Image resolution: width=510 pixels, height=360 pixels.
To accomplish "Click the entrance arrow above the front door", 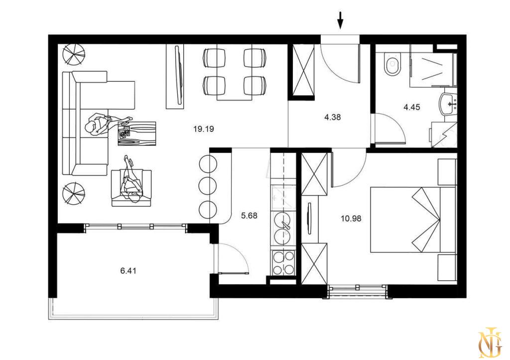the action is coord(340,20).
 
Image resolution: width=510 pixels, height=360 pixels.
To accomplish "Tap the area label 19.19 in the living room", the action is coord(204,129).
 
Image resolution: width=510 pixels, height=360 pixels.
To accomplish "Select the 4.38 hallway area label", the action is coord(332,117).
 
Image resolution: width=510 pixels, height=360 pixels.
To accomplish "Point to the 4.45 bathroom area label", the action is coord(412,107).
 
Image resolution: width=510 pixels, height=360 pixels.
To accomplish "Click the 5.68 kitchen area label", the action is coord(249,215).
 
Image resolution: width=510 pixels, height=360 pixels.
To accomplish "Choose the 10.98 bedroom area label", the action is coord(351,219).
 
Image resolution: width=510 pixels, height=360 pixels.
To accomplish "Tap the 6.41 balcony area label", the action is coord(128,270).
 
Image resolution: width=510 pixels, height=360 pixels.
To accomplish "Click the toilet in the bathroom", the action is coord(392,64).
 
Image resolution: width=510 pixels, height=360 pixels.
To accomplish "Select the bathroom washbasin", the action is coord(449,104).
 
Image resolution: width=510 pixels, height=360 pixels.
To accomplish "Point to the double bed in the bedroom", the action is coord(413,220).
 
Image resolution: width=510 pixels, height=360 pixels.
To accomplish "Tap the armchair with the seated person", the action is coord(131,188).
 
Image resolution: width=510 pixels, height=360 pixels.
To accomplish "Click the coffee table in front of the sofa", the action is coord(136,133).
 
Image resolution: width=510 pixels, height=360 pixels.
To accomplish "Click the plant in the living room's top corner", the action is coord(74,53).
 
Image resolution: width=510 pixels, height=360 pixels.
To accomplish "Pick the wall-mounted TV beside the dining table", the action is coord(178,76).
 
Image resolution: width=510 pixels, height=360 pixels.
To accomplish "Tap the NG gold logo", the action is coord(490,342).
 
